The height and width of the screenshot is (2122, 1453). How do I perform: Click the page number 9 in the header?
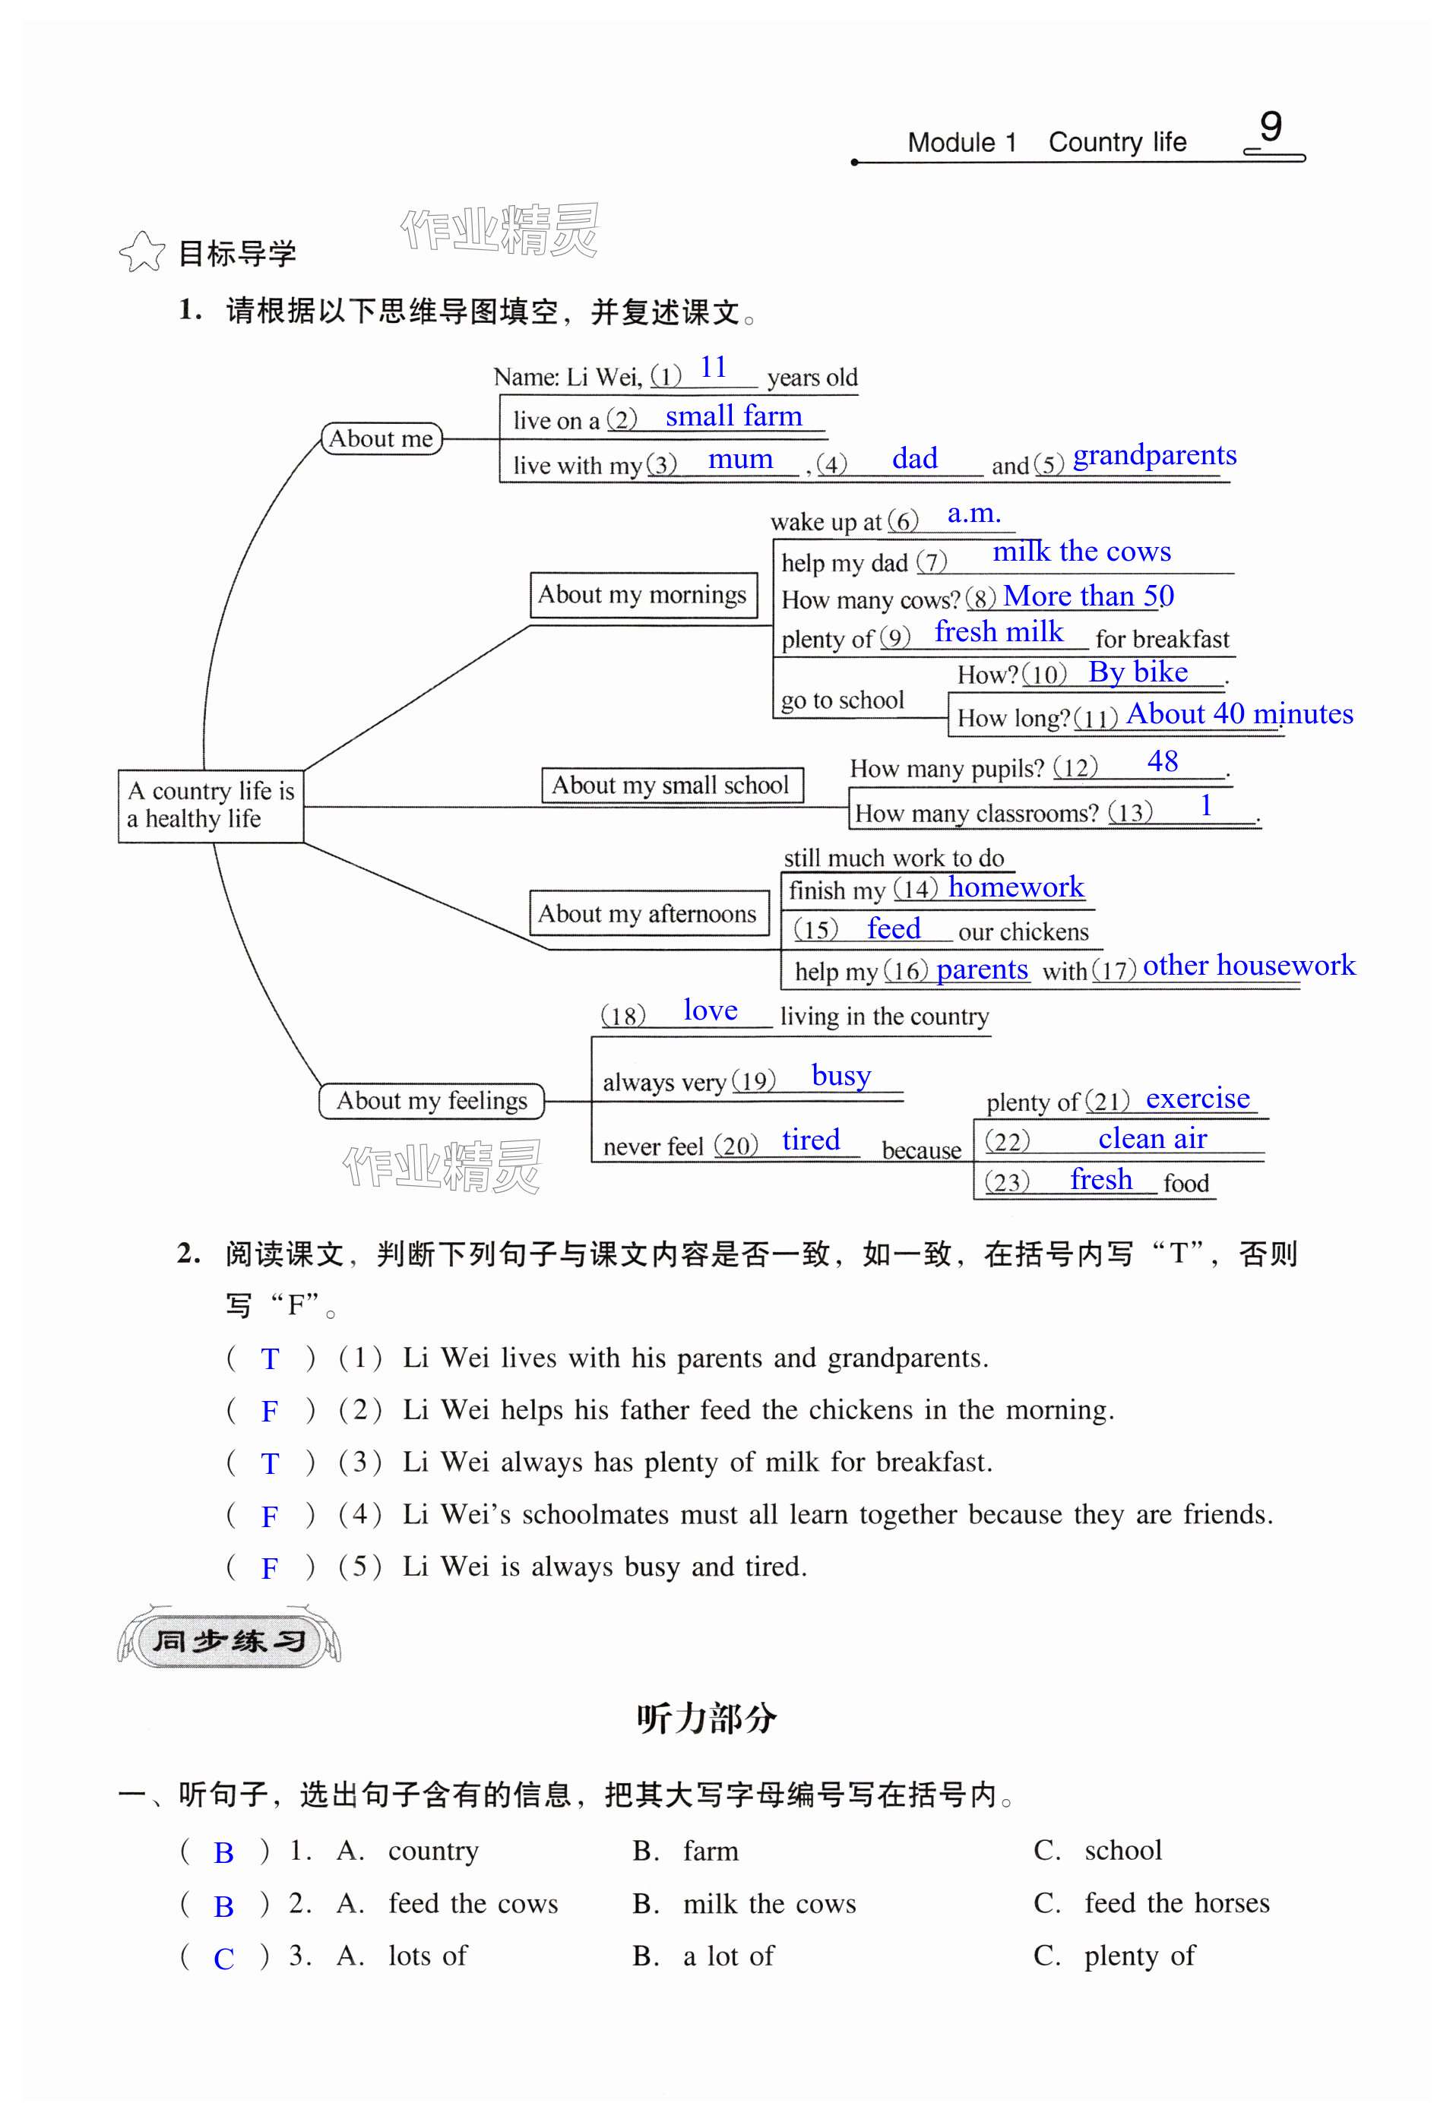coord(1271,128)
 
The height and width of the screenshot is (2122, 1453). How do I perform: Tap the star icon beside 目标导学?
coord(141,252)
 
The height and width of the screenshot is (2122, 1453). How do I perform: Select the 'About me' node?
coord(381,439)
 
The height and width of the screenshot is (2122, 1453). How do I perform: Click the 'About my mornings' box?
coord(643,596)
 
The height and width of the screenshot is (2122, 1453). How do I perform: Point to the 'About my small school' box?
coord(670,786)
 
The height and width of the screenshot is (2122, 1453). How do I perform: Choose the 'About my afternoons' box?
coord(647,914)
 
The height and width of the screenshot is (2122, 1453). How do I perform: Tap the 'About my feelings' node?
coord(431,1101)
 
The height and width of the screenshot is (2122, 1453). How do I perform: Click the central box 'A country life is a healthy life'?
coord(210,805)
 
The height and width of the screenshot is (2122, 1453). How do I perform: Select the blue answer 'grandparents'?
coord(1154,456)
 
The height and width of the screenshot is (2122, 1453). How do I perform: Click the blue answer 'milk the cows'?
coord(1081,552)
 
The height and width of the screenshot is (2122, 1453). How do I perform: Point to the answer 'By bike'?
coord(1138,673)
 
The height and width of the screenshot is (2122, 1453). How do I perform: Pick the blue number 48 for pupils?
coord(1163,761)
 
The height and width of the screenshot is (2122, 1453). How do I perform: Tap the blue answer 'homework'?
coord(1015,887)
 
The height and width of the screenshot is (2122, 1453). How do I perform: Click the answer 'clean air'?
coord(1153,1140)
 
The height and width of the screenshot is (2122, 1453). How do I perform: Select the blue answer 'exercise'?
coord(1198,1099)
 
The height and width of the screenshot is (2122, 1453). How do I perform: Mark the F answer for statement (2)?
coord(270,1412)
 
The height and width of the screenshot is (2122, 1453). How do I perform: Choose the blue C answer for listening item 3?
coord(223,1959)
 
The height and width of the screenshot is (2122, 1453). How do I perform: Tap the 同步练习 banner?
coord(230,1642)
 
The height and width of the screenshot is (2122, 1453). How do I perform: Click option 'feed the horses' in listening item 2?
coord(1176,1904)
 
